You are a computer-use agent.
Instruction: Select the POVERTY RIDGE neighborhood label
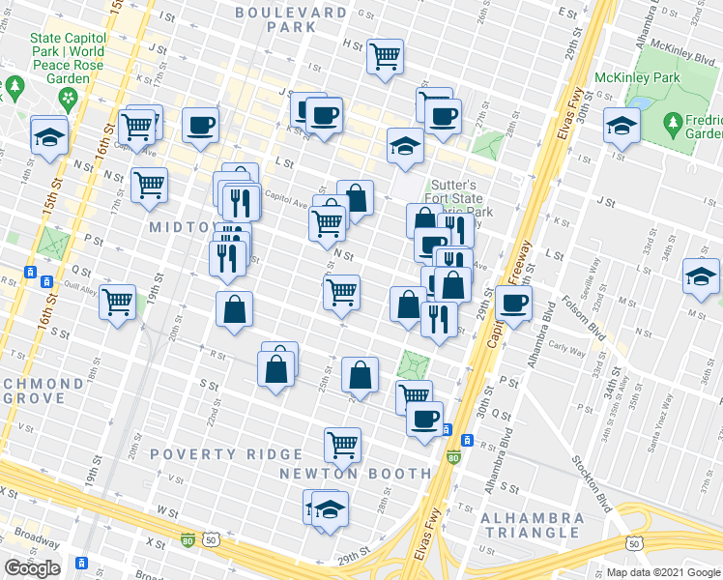[x=212, y=454]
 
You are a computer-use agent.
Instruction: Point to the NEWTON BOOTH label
[x=355, y=473]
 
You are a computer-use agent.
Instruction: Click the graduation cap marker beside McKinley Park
[x=622, y=126]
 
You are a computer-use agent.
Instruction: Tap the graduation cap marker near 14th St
[x=48, y=135]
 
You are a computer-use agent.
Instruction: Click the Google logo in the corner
[x=32, y=568]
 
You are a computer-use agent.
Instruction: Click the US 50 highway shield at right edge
[x=633, y=544]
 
